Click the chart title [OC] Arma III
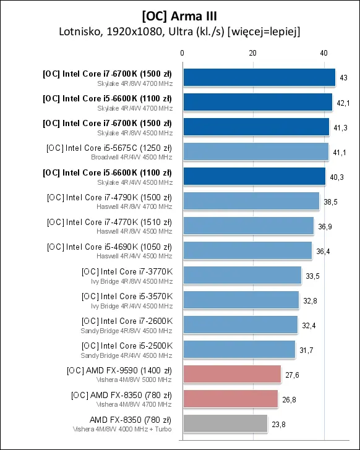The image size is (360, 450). pos(179,16)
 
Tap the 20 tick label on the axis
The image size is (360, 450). pos(252,53)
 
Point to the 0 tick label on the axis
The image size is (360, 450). pos(182,53)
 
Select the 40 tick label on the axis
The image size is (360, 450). pos(324,53)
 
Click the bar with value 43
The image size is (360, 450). pos(260,77)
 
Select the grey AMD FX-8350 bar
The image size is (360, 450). pos(225,423)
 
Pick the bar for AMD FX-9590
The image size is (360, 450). pos(232,374)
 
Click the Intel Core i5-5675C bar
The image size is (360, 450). pos(256,151)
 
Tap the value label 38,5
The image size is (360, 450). pos(331,202)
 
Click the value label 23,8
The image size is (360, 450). pos(278,425)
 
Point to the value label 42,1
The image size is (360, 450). pos(343,103)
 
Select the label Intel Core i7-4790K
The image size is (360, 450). pos(109,198)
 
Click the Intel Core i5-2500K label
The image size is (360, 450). pos(127,346)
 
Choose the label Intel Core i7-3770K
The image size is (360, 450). pos(127,272)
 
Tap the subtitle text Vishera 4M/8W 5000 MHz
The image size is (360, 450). pos(134,380)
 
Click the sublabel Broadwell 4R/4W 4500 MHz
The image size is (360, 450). pos(132,157)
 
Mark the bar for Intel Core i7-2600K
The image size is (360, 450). pos(241,325)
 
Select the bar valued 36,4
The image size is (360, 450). pos(248,250)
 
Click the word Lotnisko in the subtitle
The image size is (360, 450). pos(79,32)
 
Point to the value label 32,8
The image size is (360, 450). pos(310,301)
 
